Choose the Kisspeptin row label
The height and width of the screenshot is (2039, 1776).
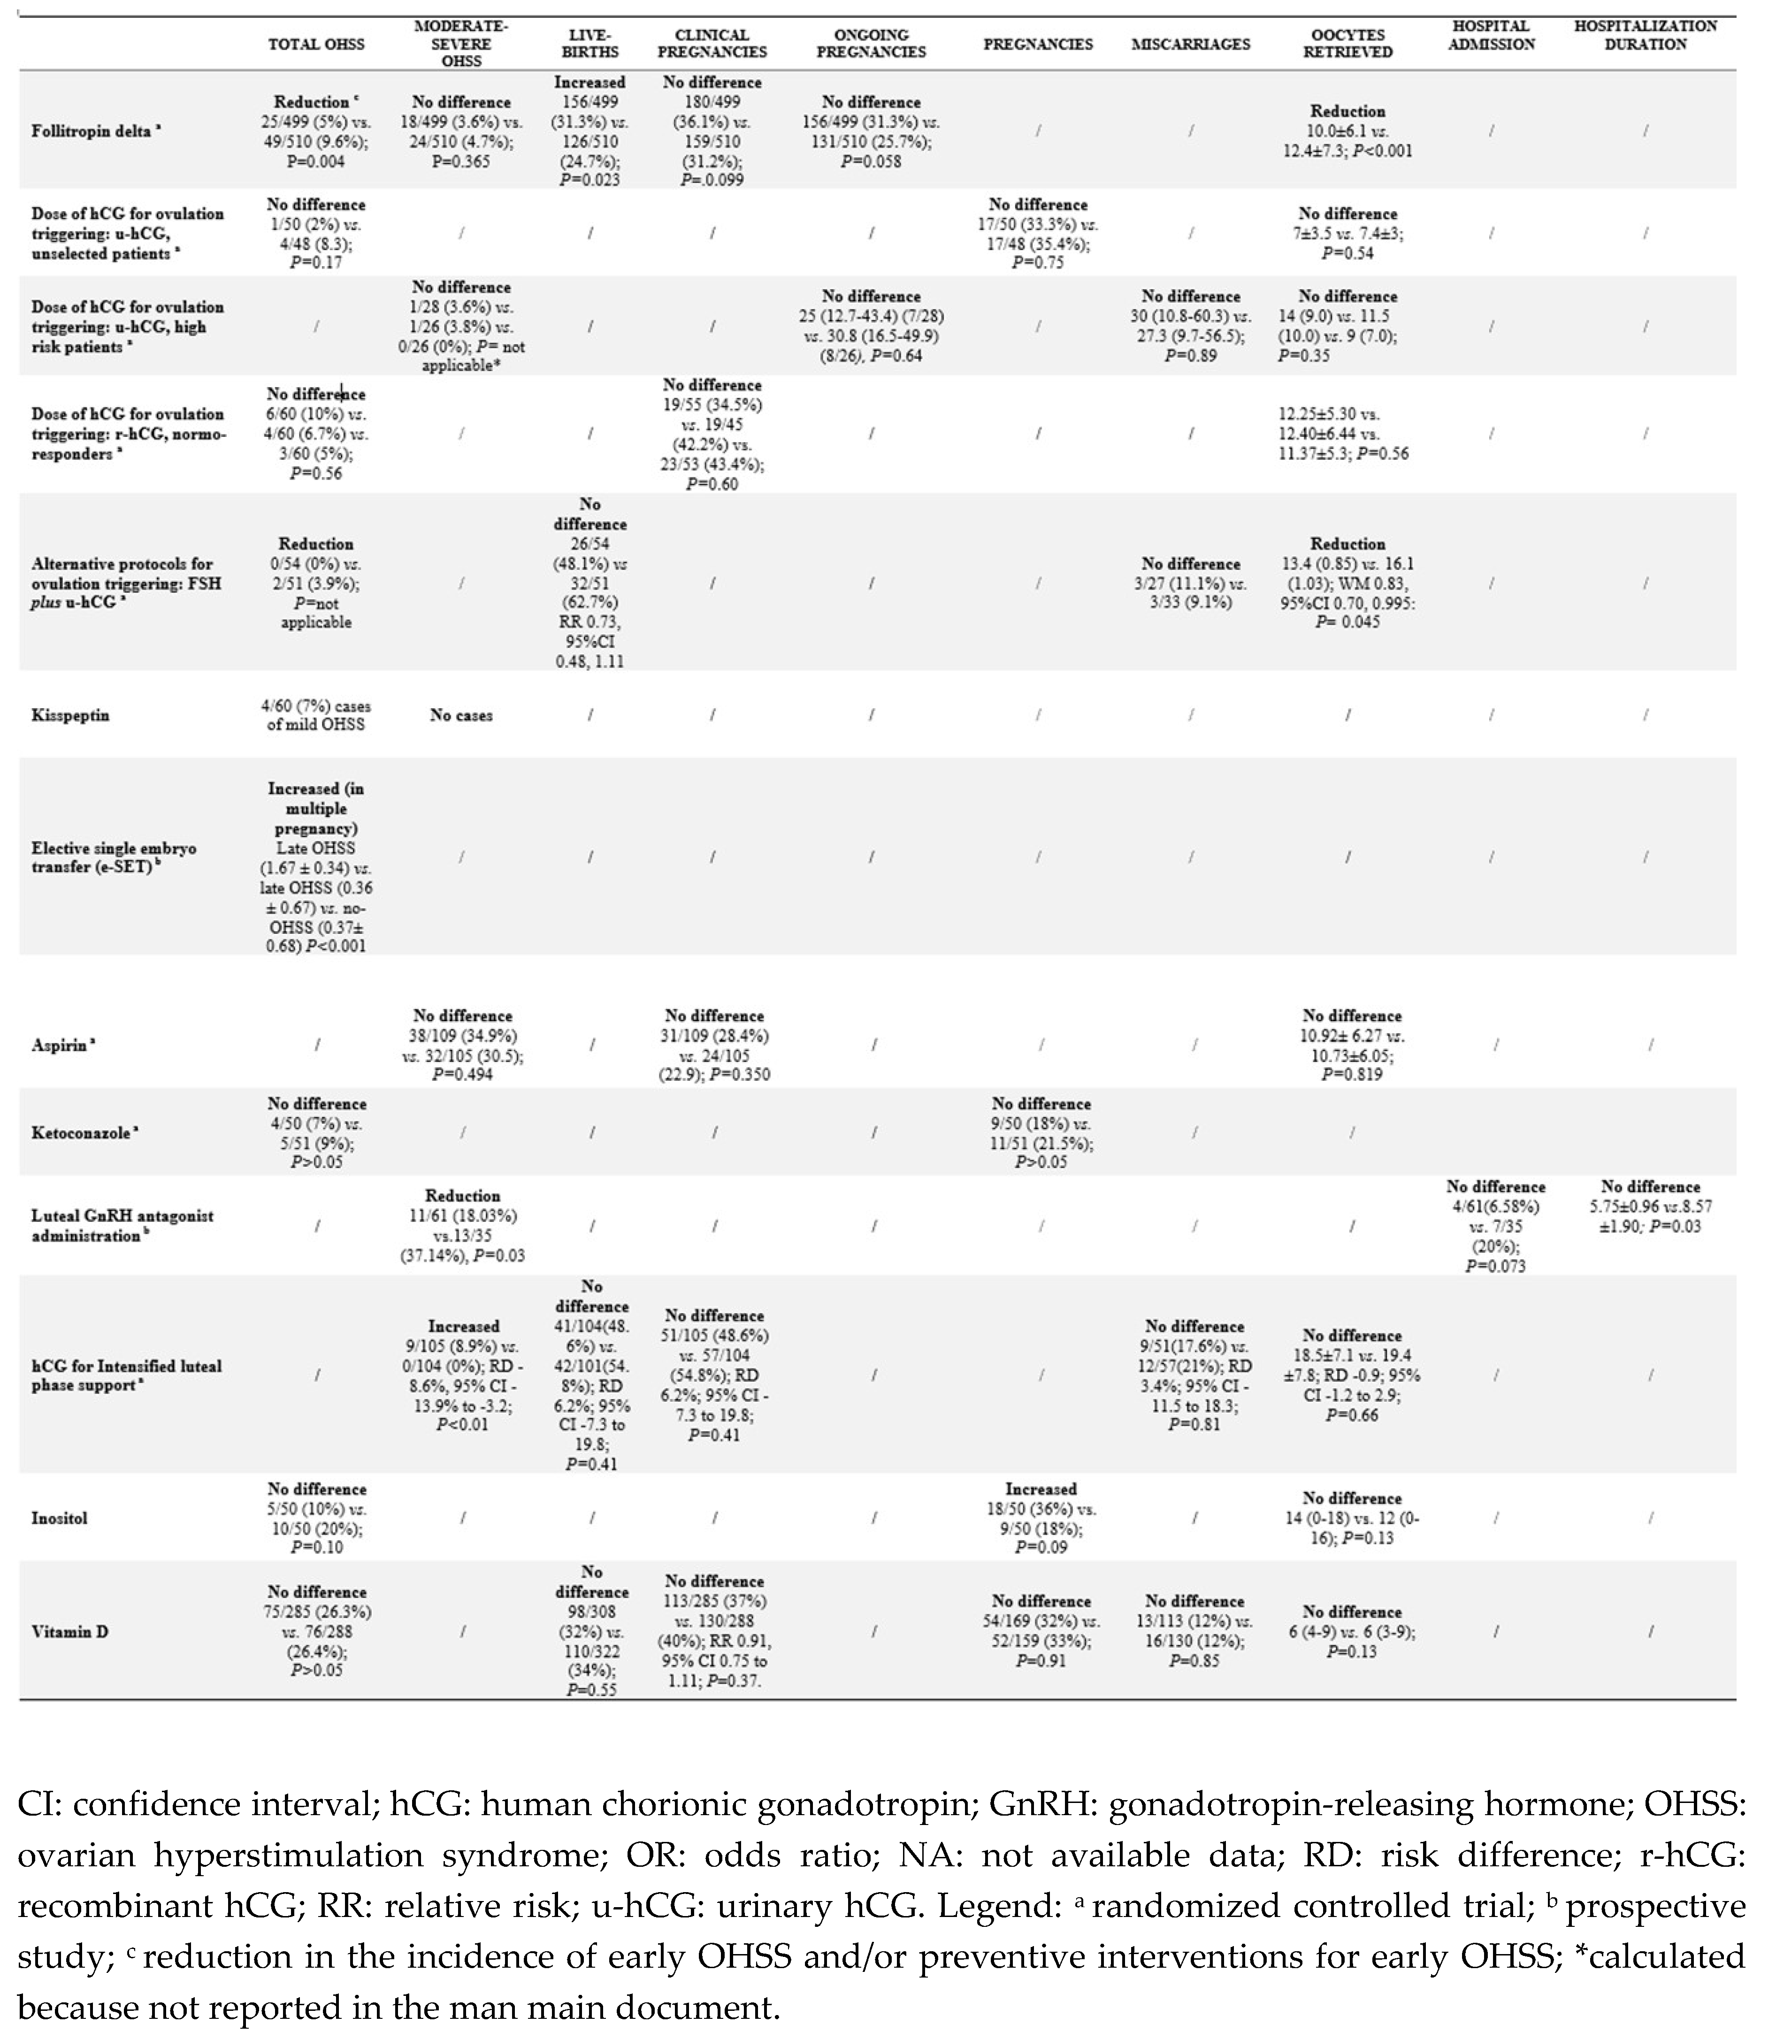point(70,715)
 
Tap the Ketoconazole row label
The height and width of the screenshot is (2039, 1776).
point(84,1132)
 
